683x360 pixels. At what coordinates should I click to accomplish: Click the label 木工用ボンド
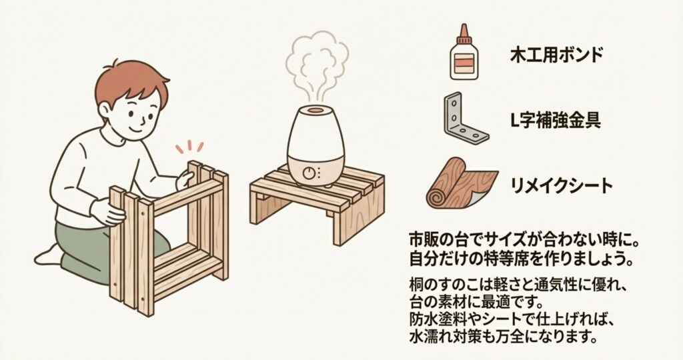(x=556, y=56)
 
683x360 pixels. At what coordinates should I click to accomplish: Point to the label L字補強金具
(x=556, y=120)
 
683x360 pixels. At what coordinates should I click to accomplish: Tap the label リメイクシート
(x=561, y=186)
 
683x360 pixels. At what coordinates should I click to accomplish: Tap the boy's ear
(x=103, y=112)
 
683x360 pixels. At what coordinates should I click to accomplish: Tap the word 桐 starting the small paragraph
(x=416, y=286)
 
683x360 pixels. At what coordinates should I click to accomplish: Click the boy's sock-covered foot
(x=48, y=256)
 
